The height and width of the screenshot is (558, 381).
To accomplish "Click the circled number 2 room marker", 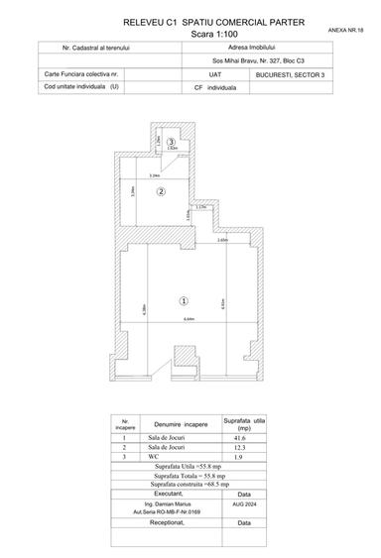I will tap(160, 190).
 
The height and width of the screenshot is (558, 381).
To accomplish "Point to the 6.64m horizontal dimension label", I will tap(189, 319).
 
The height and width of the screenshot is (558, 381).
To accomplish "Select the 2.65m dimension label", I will tap(222, 241).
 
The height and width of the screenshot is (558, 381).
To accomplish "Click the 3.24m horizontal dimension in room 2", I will tap(154, 175).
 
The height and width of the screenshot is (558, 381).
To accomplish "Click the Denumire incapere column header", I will tap(181, 423).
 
